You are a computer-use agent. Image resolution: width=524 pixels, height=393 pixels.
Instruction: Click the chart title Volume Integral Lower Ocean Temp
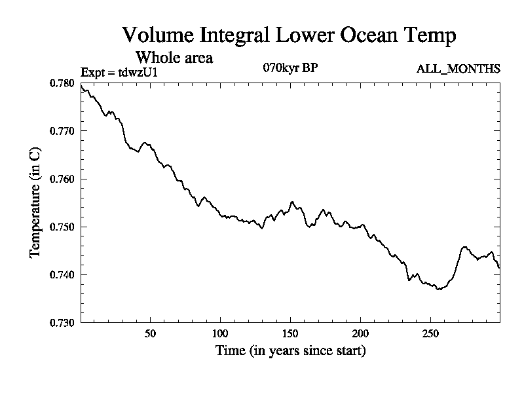(289, 35)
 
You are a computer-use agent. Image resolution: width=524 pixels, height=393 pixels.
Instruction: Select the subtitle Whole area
(174, 57)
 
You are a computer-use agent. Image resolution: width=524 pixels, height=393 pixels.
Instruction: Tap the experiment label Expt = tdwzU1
(119, 72)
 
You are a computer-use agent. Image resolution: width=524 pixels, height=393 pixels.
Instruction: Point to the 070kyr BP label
(291, 67)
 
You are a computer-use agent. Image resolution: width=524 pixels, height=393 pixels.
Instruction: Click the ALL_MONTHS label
(458, 68)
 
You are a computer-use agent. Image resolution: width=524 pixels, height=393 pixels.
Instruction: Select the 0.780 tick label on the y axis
(62, 83)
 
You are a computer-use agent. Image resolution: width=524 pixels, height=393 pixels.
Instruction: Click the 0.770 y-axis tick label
(62, 131)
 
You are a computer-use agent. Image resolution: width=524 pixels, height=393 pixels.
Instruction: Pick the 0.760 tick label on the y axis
(62, 179)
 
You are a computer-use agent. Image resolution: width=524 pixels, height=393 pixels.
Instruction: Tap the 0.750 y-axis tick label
(62, 227)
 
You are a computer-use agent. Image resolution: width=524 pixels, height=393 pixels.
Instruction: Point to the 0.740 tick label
(62, 274)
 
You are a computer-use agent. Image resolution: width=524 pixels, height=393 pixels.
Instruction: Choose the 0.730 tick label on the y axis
(62, 322)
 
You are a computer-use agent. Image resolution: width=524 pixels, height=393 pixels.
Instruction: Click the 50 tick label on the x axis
(150, 333)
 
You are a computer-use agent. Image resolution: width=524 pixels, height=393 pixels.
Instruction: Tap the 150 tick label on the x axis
(290, 333)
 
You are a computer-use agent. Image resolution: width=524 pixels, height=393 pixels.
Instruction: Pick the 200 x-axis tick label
(360, 333)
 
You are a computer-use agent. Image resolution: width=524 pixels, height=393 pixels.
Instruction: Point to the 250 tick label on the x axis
(430, 333)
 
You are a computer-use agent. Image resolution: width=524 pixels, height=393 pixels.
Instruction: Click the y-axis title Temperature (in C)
(35, 202)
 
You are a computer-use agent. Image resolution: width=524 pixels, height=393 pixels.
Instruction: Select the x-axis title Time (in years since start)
(290, 351)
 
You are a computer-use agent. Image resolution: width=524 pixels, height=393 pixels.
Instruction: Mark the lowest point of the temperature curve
(438, 289)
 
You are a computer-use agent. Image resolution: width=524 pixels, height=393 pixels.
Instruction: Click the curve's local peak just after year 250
(464, 247)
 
